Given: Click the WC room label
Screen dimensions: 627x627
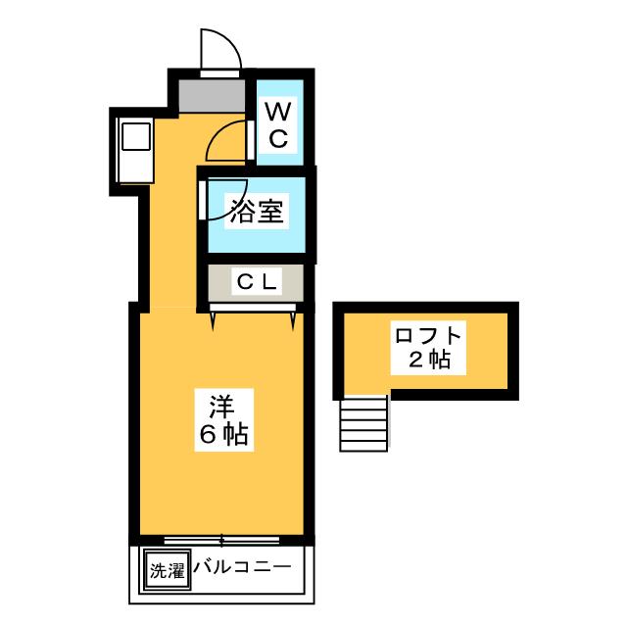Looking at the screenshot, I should point(277,122).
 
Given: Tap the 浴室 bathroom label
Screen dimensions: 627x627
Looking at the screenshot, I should point(257,213).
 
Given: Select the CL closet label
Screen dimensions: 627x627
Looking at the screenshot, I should point(257,283).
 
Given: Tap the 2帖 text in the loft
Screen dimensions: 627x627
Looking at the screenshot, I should point(427,360).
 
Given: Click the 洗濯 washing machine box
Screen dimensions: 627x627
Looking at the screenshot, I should point(166,570).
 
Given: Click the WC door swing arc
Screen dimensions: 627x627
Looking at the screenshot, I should point(227,142).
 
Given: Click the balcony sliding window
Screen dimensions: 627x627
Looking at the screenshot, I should point(221,540).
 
